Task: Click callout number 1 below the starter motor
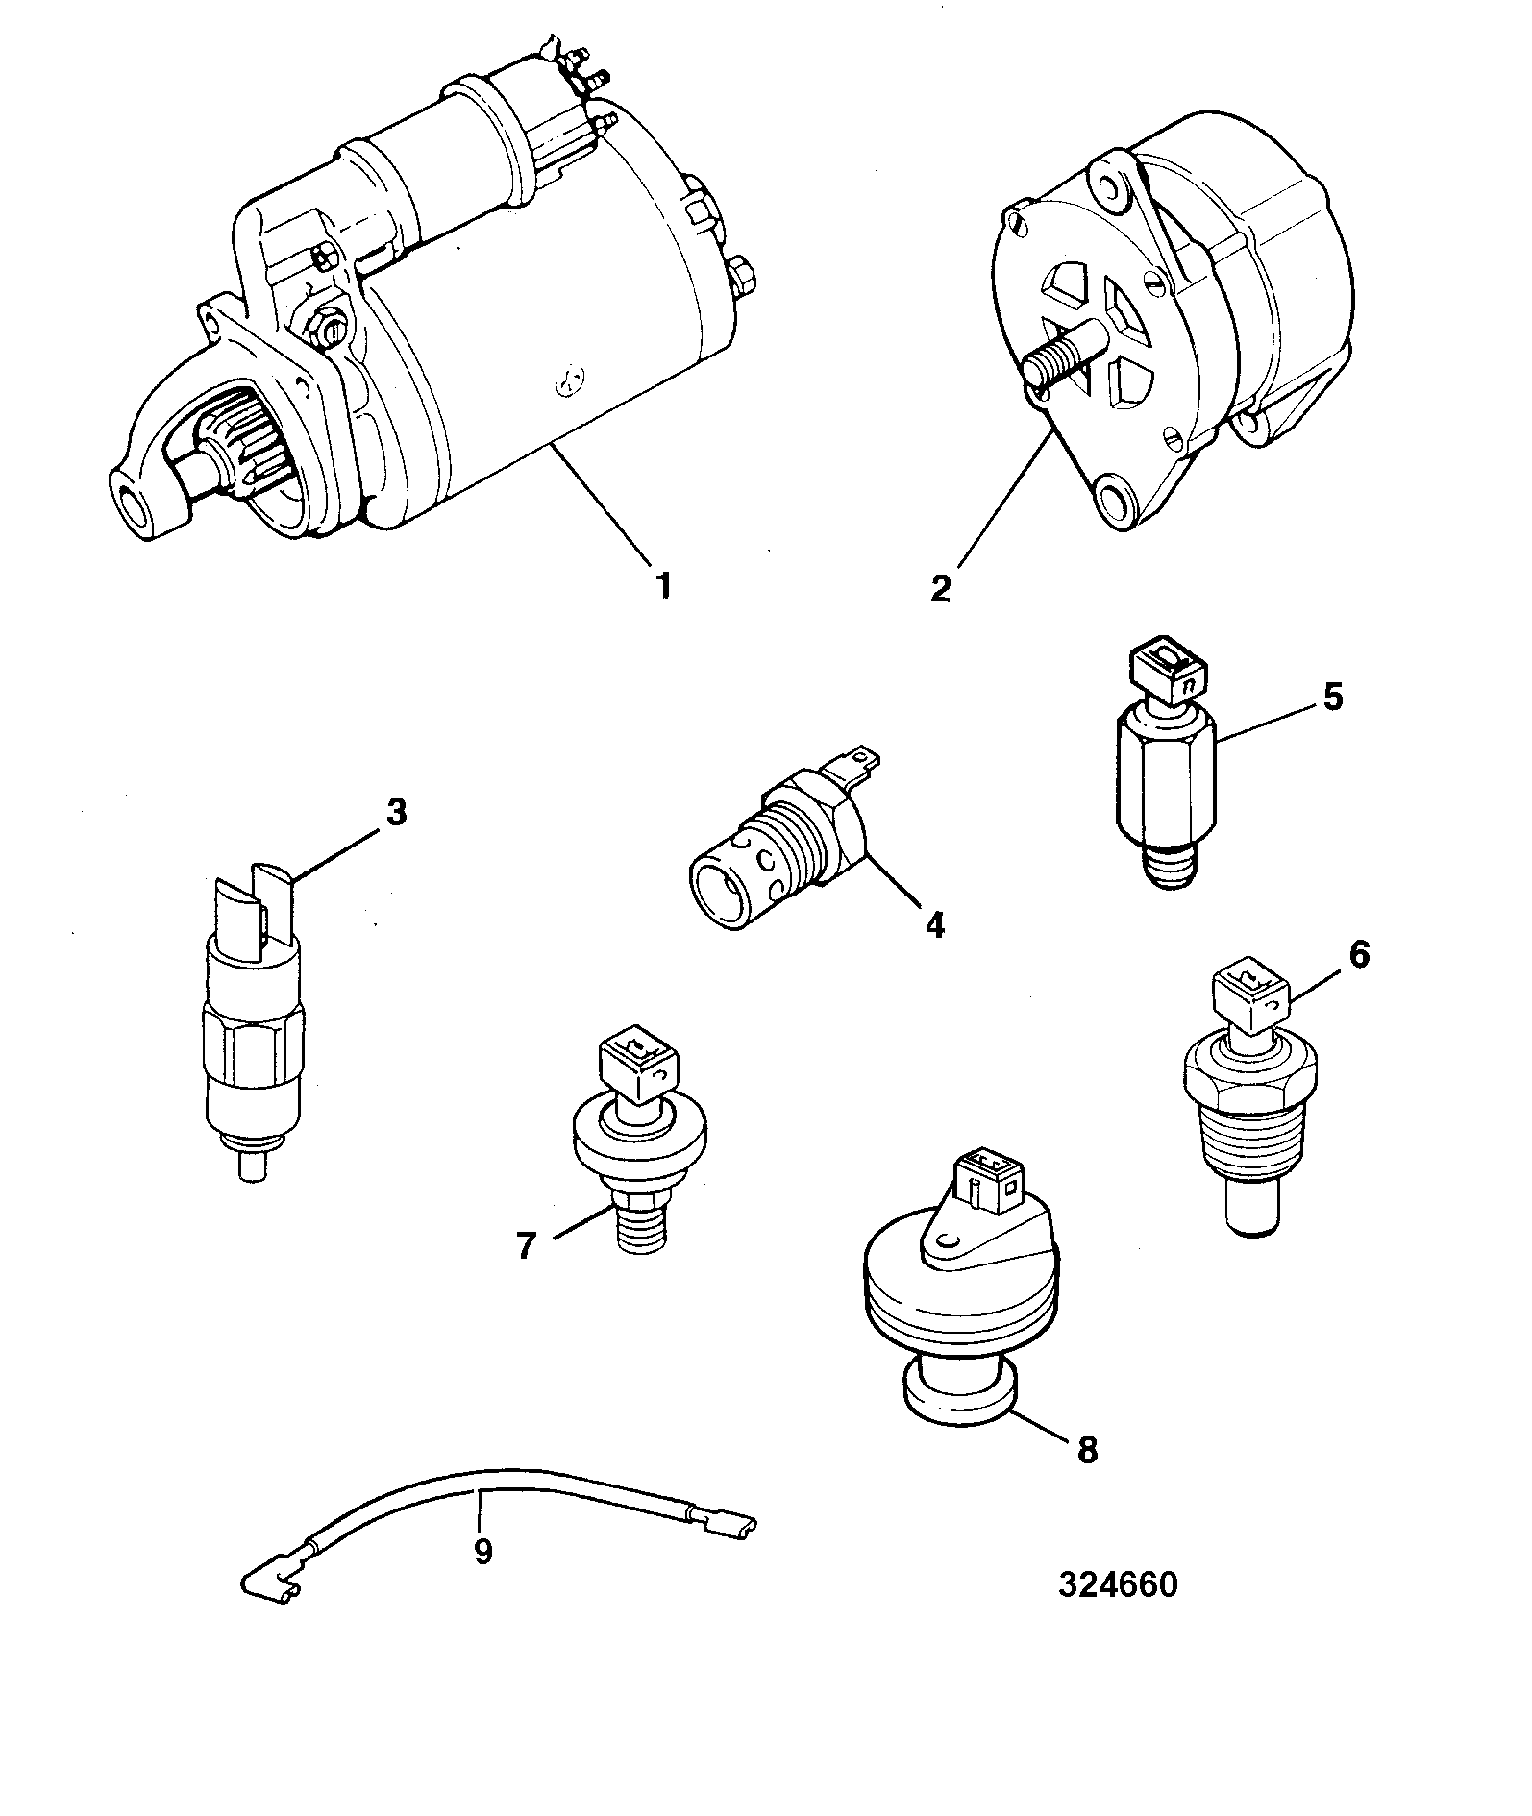(x=662, y=584)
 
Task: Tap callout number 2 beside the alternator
(x=940, y=587)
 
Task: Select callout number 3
(x=396, y=812)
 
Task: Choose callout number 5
(x=1332, y=698)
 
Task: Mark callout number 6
(x=1359, y=955)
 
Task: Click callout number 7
(x=526, y=1246)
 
